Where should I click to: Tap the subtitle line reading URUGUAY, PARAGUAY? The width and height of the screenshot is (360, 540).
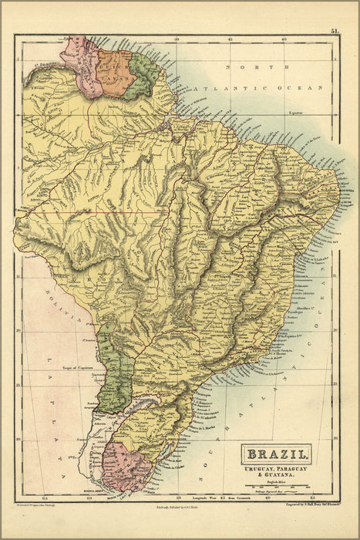pos(279,467)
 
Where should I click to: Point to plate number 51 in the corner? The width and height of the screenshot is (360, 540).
pos(335,32)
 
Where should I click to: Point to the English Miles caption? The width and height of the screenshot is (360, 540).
pos(279,481)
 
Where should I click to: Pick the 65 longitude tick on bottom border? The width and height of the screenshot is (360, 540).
pos(46,499)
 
